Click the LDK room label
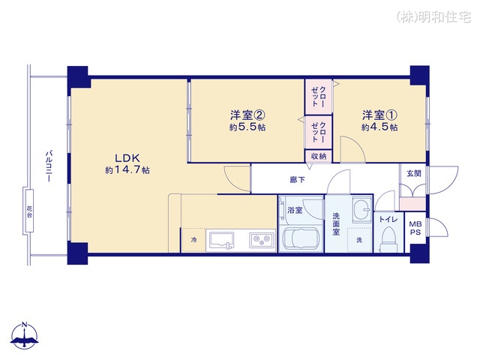click(x=127, y=158)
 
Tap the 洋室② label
click(x=247, y=115)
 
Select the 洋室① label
click(x=380, y=115)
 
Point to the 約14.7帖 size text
click(x=127, y=170)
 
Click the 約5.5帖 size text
click(x=247, y=127)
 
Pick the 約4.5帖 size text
click(x=380, y=127)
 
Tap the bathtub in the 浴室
click(x=301, y=239)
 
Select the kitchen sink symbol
click(x=222, y=240)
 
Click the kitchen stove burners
click(x=262, y=240)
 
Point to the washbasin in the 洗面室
click(x=361, y=209)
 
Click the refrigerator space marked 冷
click(x=193, y=240)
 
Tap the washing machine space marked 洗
click(x=360, y=240)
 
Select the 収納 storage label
click(x=319, y=156)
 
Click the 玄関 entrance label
click(x=414, y=173)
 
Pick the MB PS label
click(x=415, y=228)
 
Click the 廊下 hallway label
click(x=298, y=180)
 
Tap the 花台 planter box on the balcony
click(x=29, y=211)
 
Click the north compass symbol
click(x=25, y=336)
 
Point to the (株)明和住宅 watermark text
click(x=433, y=17)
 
